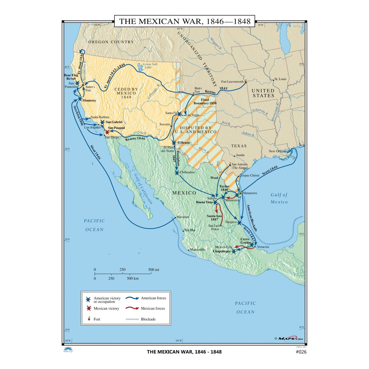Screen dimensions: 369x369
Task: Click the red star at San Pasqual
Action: pos(107,132)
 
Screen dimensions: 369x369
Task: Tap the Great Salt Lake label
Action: pos(150,66)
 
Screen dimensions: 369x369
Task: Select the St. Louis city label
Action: pos(280,79)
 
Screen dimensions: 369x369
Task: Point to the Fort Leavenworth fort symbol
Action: pos(246,81)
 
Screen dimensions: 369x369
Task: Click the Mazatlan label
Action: pos(183,217)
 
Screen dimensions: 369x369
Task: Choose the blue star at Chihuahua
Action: pos(177,173)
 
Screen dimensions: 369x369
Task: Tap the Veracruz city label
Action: pos(263,247)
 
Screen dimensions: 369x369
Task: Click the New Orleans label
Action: pos(278,151)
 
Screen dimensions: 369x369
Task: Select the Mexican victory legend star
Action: pos(88,308)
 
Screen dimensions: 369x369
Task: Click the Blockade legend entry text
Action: pos(148,319)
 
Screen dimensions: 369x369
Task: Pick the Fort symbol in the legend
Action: pos(89,319)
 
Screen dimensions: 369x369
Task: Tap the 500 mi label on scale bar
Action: pos(153,270)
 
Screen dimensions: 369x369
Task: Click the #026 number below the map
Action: pos(301,352)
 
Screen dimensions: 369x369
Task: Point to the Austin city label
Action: pos(240,155)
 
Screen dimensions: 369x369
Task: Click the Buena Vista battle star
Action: pos(216,202)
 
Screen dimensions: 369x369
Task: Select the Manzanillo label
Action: pos(198,250)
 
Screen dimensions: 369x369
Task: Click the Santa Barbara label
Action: pos(100,117)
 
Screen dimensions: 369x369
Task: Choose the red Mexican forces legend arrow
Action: pos(132,308)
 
